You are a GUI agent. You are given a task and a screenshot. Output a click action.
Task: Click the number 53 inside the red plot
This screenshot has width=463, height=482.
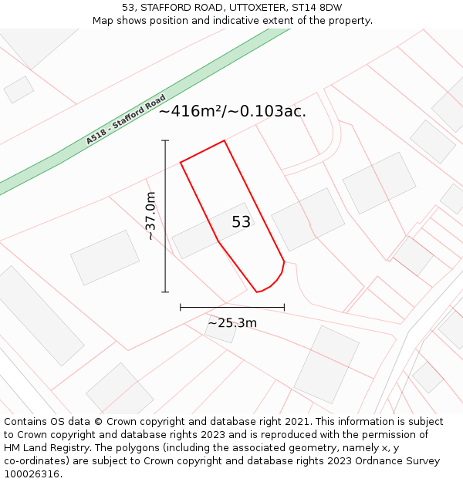click(x=241, y=222)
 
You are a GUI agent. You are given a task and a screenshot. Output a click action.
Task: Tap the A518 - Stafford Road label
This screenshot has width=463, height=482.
click(x=126, y=120)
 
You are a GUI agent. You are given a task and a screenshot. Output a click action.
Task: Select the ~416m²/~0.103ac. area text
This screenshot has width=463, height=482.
click(x=232, y=111)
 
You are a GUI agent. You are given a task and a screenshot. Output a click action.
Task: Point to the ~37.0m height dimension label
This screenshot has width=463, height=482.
click(x=150, y=216)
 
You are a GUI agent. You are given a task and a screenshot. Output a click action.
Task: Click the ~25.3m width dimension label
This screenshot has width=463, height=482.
click(x=231, y=322)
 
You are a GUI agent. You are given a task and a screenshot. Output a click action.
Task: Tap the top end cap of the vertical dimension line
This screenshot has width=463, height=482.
click(x=165, y=140)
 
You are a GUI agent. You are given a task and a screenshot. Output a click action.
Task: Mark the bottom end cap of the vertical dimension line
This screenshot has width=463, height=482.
click(x=165, y=292)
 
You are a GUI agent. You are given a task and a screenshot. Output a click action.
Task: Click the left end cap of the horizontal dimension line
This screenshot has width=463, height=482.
click(x=181, y=307)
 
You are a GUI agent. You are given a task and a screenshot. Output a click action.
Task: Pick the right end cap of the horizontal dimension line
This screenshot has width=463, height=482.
click(x=284, y=307)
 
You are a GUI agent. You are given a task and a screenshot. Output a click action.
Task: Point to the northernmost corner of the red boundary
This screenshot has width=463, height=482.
click(x=225, y=140)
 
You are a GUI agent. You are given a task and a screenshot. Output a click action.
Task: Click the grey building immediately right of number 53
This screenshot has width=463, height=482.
click(x=308, y=219)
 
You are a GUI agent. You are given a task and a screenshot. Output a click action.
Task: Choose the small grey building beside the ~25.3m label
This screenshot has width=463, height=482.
click(x=221, y=329)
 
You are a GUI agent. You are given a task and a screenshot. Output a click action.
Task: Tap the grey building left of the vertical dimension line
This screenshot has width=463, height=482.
click(x=105, y=257)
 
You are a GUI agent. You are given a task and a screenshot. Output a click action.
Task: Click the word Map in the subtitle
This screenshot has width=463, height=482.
click(x=104, y=20)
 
